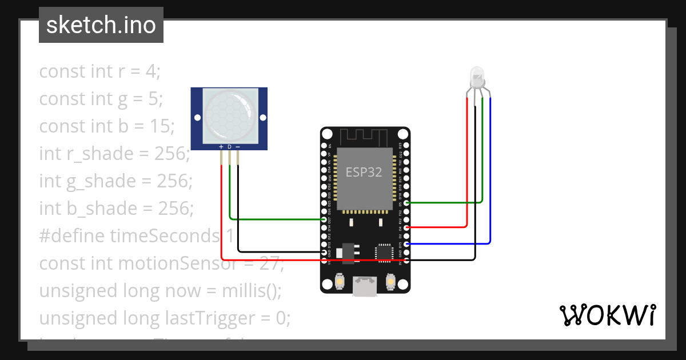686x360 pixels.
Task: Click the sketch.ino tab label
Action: pos(101,25)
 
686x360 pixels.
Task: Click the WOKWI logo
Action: pos(607,315)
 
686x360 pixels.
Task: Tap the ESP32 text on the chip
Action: pos(364,172)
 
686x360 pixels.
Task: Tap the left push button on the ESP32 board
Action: pos(339,282)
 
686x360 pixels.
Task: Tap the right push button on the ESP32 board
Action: pos(392,282)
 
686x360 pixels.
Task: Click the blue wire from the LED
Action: pos(490,171)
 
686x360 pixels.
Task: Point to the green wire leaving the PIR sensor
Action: pos(230,189)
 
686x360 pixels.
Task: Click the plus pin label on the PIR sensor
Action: pos(221,147)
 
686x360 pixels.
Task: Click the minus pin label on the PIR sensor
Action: pos(237,147)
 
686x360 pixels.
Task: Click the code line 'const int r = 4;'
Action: pos(100,71)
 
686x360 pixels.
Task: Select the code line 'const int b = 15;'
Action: pos(106,126)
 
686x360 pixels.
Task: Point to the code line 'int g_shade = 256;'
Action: pos(115,181)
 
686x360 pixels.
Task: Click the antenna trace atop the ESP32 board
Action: pos(364,137)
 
